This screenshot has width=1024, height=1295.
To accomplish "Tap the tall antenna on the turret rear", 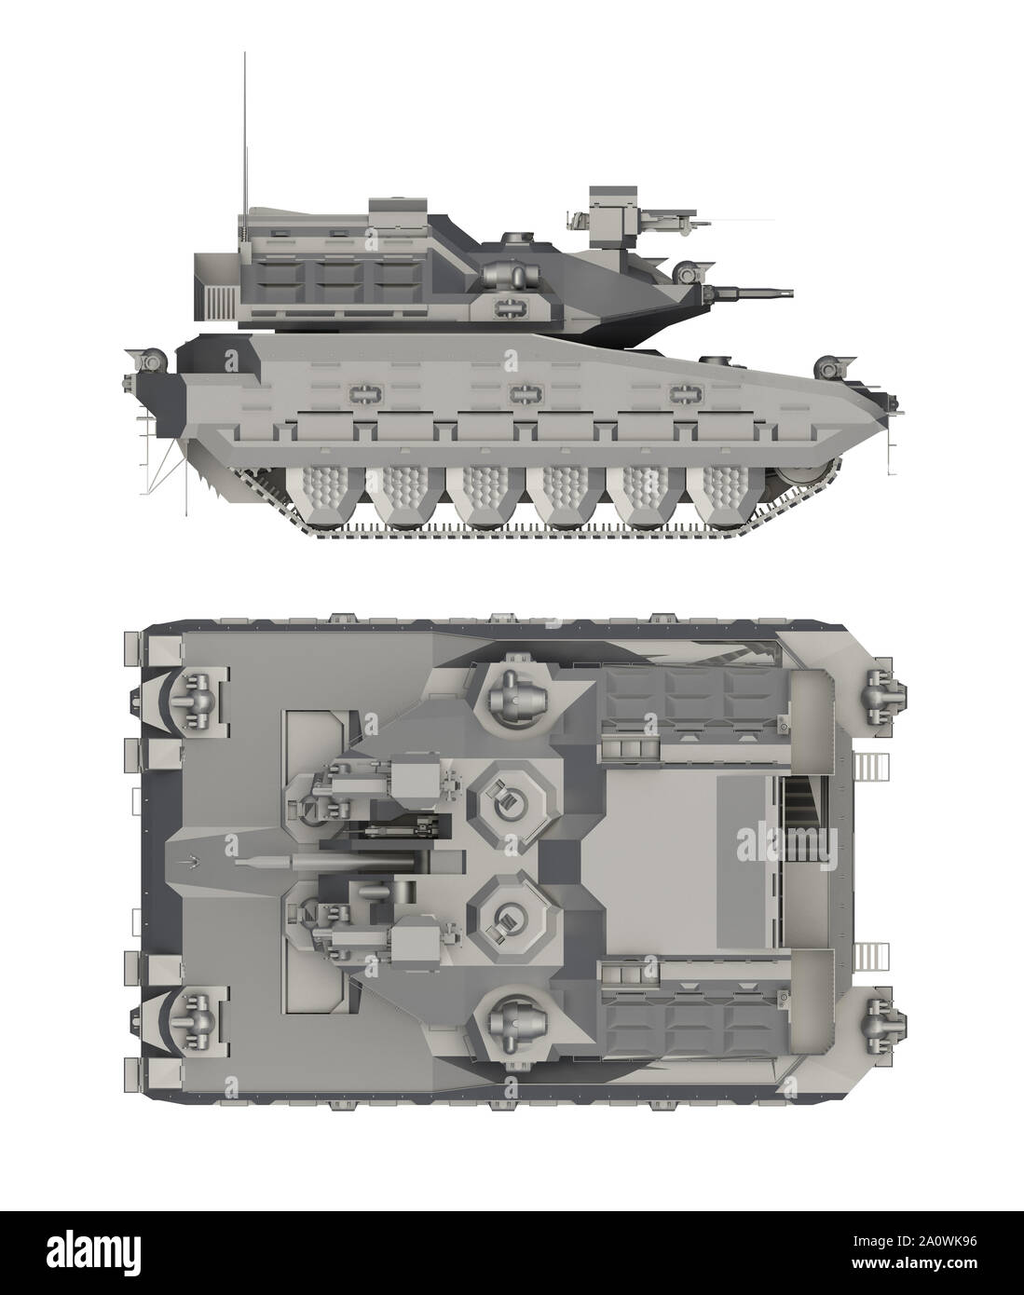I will pos(245,130).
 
